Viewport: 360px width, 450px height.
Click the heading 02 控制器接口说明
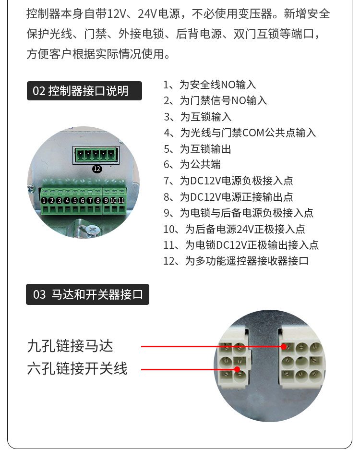pos(84,91)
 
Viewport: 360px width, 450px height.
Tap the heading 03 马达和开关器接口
pos(87,294)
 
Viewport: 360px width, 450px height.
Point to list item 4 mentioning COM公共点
pos(240,133)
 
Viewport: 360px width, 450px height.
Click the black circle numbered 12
pos(97,169)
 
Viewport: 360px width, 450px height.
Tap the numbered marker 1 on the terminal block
pos(44,200)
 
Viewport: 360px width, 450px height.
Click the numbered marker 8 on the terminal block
pos(97,200)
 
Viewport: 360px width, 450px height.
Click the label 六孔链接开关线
pos(77,369)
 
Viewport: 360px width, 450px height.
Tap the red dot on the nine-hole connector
pos(284,346)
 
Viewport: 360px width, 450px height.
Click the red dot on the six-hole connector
pos(237,369)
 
